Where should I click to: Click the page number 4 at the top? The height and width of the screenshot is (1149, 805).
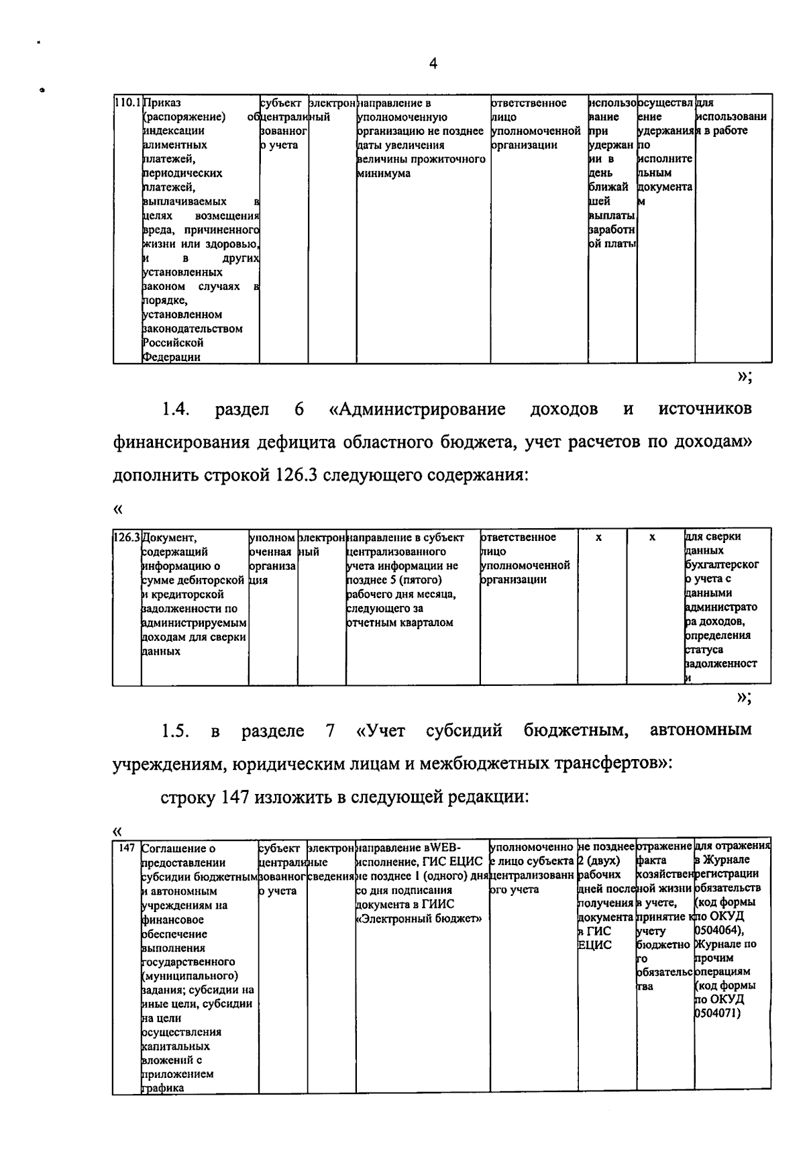pos(433,64)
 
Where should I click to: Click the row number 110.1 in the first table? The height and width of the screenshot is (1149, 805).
pos(127,103)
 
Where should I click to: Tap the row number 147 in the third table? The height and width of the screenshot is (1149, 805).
pos(127,848)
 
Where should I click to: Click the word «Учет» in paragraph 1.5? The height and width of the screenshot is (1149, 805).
pos(381,730)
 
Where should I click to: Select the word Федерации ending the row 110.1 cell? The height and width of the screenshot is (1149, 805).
pos(172,357)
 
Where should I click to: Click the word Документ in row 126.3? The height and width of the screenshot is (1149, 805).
pos(170,538)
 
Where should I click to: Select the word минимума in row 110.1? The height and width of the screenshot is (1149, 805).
pos(383,174)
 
